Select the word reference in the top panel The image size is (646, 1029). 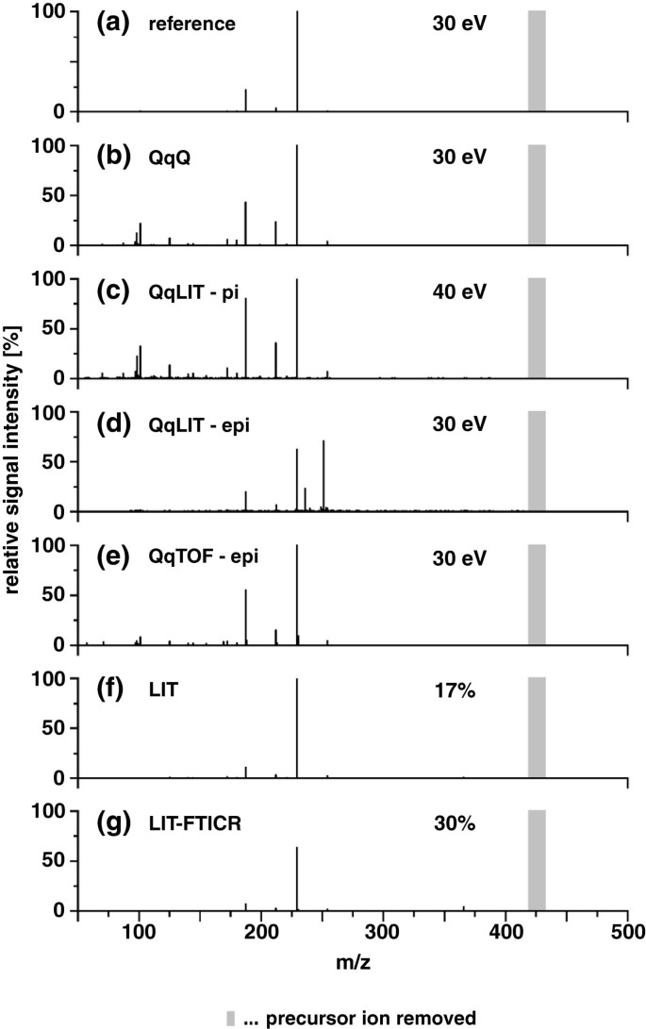[190, 24]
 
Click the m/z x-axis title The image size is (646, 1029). [354, 968]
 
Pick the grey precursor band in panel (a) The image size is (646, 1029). [537, 61]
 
